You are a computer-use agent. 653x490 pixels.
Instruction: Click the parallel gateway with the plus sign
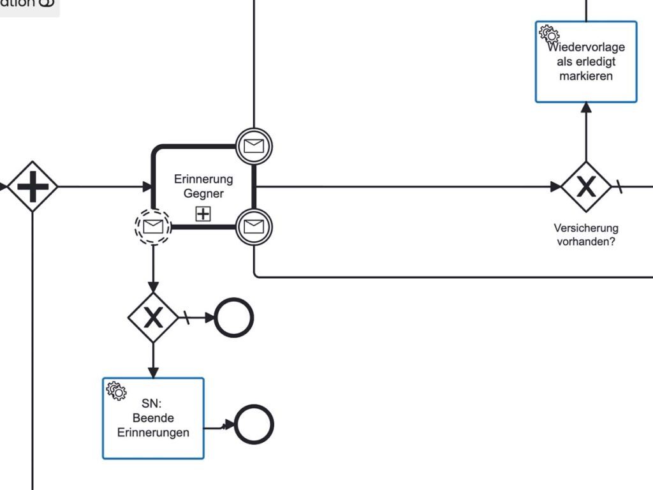tap(33, 187)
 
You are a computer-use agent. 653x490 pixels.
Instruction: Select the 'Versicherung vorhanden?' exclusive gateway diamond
tap(585, 187)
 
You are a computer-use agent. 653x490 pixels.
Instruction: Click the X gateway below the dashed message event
tap(153, 317)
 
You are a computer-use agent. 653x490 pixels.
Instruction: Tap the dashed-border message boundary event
tap(153, 226)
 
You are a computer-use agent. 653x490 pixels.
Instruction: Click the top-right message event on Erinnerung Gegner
tap(254, 146)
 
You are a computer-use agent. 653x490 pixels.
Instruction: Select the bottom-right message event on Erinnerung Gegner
tap(254, 226)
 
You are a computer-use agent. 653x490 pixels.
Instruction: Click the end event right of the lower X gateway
tap(234, 317)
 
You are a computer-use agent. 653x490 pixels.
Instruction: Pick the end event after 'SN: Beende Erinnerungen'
tap(253, 424)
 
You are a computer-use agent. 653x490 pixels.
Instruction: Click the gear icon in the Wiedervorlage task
tap(548, 34)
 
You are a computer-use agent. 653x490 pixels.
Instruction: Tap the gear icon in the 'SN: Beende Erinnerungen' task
tap(116, 390)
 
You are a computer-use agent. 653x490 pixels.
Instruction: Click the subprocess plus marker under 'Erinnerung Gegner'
tap(203, 214)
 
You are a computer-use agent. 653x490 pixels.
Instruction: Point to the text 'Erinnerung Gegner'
tap(203, 186)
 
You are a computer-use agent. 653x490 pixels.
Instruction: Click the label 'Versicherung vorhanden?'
tap(586, 234)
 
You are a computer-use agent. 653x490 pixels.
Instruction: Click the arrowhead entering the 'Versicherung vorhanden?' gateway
tap(556, 187)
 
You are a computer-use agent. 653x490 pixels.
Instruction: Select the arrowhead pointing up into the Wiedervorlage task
tap(586, 107)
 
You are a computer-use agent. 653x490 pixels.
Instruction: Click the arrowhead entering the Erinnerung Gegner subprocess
tap(148, 187)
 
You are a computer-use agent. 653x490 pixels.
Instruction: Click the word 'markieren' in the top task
tap(586, 76)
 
